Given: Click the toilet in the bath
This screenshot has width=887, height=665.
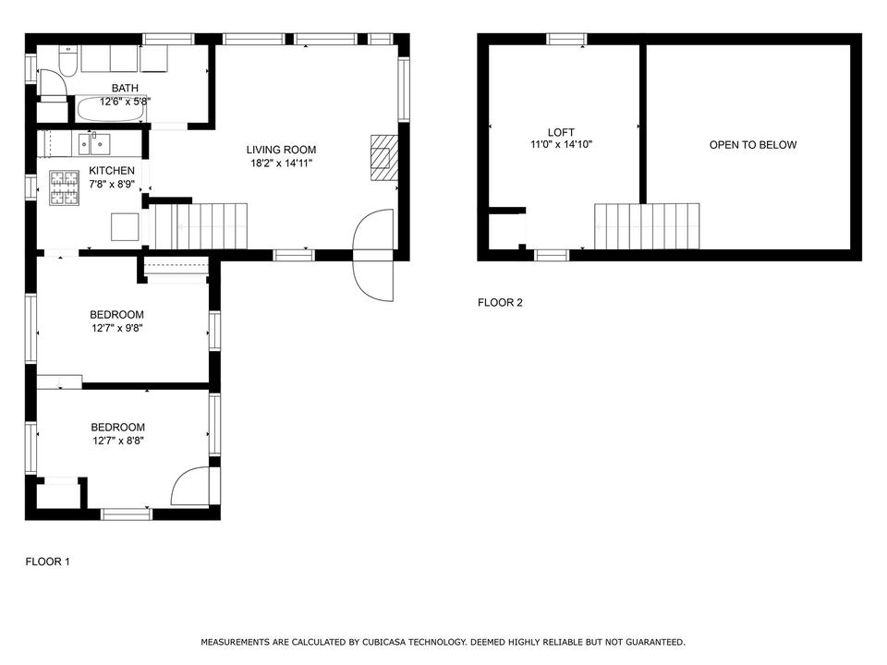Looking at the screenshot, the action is (x=67, y=60).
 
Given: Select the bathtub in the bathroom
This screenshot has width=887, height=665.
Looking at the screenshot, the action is (x=110, y=109).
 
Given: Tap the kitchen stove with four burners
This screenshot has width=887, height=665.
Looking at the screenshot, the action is (x=64, y=187).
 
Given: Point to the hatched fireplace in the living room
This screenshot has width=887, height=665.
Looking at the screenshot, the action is (x=384, y=158).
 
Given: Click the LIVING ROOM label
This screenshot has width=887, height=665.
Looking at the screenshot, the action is (x=281, y=150).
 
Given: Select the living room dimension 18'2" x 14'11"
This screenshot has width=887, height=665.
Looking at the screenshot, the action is (x=282, y=163).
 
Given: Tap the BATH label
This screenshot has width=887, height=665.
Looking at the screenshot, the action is (x=125, y=89).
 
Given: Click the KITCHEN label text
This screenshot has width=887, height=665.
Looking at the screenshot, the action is (x=112, y=170).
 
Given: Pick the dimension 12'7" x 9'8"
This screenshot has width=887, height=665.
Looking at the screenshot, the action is (x=117, y=328).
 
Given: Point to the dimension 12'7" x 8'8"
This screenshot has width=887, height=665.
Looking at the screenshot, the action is (x=118, y=441).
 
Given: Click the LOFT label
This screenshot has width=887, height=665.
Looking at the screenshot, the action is (x=561, y=132).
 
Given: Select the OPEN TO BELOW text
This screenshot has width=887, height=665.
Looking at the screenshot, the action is (x=753, y=145).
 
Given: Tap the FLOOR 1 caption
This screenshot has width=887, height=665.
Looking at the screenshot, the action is (x=47, y=562).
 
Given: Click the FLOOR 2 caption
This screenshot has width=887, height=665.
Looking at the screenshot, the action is (x=500, y=303).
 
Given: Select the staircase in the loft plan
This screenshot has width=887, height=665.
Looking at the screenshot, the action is (x=647, y=226).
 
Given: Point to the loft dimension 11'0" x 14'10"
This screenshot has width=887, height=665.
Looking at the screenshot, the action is (x=561, y=145).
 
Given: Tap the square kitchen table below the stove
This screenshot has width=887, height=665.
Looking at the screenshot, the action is (x=125, y=227).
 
